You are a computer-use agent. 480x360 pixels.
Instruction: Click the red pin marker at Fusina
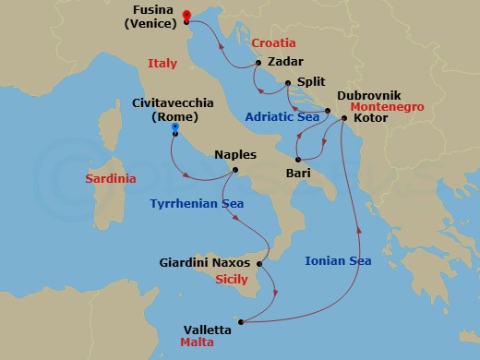pos(186,15)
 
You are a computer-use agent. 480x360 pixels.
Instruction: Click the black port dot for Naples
pos(236,170)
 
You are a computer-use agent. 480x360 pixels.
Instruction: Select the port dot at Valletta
pos(241,322)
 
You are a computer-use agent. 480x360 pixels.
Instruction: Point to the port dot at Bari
pos(298,159)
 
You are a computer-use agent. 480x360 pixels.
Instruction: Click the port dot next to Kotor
pos(343,118)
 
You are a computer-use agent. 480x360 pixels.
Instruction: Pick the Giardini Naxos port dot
pos(259,264)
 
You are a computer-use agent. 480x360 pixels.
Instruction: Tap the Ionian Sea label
pos(338,261)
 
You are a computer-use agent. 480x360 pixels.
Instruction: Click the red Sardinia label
pos(110,177)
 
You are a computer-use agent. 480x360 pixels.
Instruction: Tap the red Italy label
pos(162,63)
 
